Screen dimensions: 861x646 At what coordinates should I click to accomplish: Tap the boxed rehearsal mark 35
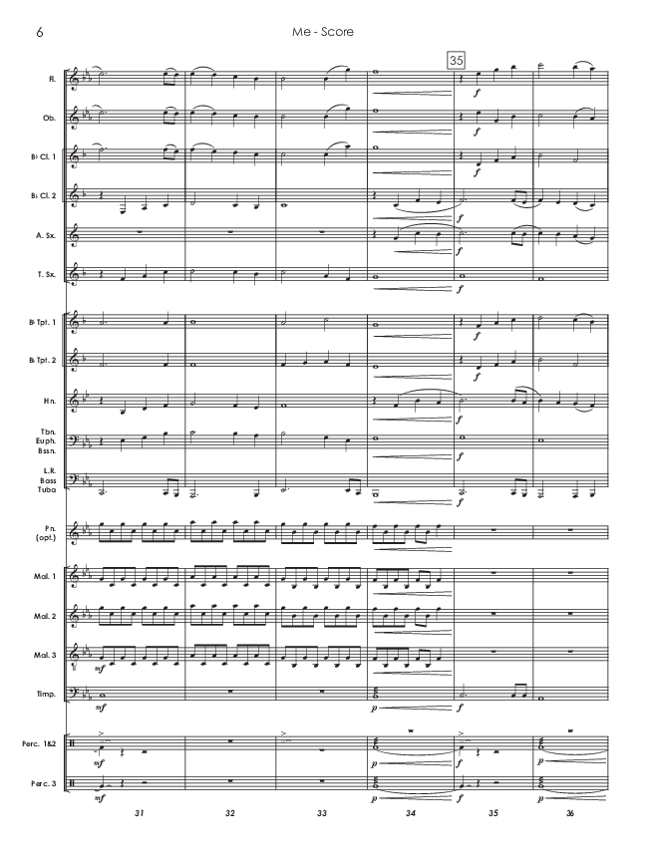(x=457, y=60)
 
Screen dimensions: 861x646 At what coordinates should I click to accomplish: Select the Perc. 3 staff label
(x=41, y=783)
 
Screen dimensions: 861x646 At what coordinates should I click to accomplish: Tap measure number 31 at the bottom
(x=139, y=814)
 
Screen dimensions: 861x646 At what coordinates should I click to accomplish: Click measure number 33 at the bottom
(x=322, y=814)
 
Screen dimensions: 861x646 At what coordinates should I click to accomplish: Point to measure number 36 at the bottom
(x=571, y=814)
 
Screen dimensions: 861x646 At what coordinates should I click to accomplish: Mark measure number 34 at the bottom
(x=412, y=814)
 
